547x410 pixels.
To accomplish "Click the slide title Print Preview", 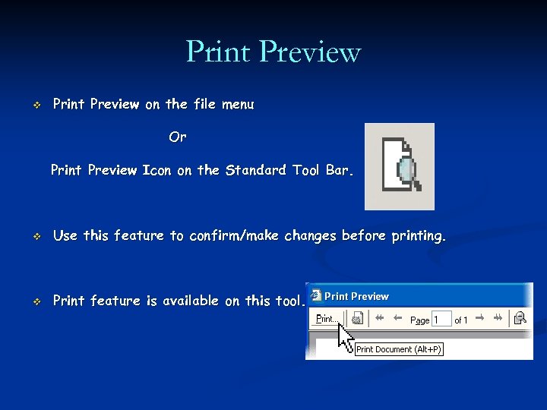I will [x=273, y=52].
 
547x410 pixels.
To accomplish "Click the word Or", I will [x=178, y=137].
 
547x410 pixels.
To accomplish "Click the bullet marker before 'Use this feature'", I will [x=36, y=237].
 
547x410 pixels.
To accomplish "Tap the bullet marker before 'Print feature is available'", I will [x=36, y=301].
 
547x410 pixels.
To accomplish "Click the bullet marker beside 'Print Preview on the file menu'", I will [x=36, y=106].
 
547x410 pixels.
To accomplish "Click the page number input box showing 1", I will [x=441, y=320].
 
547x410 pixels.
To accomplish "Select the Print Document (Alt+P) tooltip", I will [x=399, y=349].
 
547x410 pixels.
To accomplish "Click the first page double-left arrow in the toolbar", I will [x=378, y=319].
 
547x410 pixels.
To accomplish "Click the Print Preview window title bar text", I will [x=356, y=296].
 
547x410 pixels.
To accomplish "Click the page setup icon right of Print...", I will [x=356, y=319].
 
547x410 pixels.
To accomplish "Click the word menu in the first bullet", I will [x=238, y=105].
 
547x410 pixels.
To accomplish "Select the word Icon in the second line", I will [x=157, y=170].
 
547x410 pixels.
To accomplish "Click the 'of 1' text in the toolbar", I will [x=461, y=320].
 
